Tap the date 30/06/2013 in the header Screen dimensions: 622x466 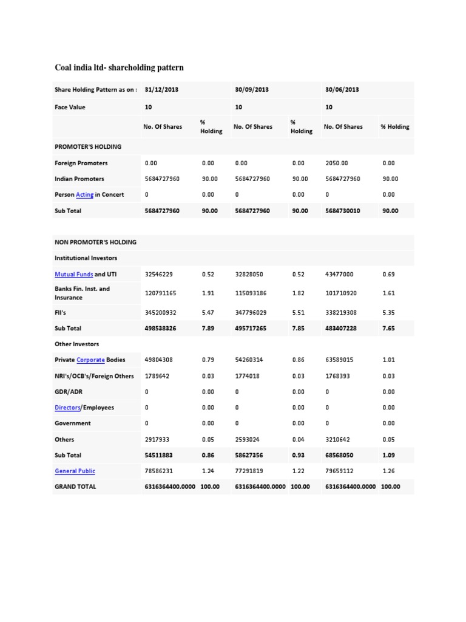(342, 89)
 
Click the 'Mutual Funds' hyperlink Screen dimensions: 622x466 (73, 274)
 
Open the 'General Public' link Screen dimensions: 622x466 (75, 471)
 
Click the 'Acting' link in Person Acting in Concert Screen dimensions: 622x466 (84, 195)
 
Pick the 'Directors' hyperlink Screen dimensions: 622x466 (68, 408)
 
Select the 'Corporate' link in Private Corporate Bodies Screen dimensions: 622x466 (90, 360)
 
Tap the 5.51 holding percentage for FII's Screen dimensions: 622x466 (299, 312)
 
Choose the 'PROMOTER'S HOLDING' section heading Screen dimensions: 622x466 (88, 146)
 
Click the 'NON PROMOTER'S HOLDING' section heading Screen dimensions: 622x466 (95, 242)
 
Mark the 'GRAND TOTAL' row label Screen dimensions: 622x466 (75, 487)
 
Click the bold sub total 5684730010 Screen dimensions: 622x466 (343, 211)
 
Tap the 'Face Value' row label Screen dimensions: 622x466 (70, 107)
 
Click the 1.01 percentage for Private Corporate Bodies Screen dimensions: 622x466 (389, 360)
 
